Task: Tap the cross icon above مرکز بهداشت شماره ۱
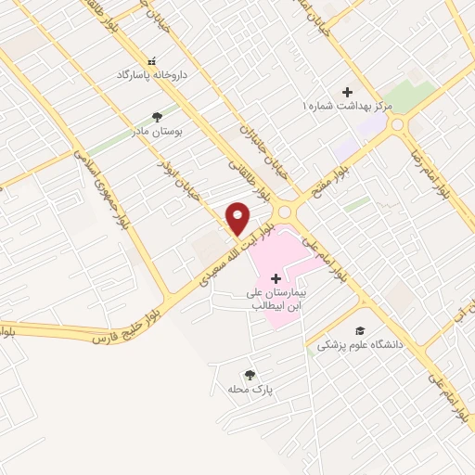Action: [347, 92]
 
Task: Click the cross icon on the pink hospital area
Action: [275, 278]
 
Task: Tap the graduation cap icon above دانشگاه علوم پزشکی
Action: [359, 330]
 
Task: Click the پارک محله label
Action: [249, 389]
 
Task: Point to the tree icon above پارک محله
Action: [249, 374]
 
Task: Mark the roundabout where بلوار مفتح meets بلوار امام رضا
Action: [397, 123]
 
